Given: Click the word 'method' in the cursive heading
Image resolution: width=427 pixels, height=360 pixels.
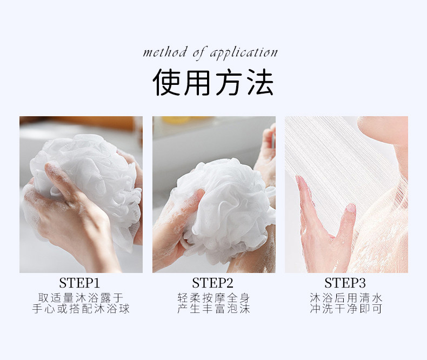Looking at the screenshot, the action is (165, 52).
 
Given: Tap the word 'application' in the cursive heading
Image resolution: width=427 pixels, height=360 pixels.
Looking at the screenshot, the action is (244, 53).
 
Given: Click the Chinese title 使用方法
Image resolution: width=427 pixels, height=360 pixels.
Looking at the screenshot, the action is (213, 82).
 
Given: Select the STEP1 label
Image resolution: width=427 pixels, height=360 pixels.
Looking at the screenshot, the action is (79, 283).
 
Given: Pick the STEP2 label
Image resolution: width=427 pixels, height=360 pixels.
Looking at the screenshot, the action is (212, 283).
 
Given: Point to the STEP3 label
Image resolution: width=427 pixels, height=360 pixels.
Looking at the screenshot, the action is (345, 283).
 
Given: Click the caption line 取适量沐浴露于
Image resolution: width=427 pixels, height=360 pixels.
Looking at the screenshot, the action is (81, 298).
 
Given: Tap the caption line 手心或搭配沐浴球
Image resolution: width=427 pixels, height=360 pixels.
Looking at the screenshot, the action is (81, 309).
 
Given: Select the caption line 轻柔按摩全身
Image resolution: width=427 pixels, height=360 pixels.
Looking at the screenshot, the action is (213, 298).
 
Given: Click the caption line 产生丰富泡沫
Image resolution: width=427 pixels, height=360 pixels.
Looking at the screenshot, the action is (213, 309).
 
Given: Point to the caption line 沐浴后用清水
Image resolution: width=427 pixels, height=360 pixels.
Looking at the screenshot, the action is (346, 298).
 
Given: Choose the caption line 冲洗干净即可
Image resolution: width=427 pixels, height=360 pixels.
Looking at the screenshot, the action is (346, 309).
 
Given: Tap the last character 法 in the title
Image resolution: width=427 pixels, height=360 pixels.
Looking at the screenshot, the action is (260, 82).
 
